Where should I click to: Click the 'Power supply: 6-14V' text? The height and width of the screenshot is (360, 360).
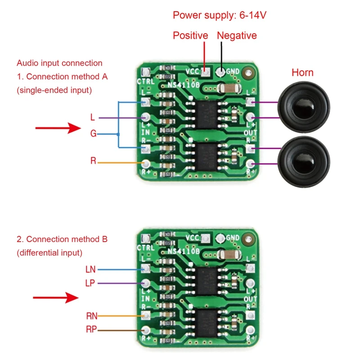tap(220, 15)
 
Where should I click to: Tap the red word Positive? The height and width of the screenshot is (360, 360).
tap(190, 36)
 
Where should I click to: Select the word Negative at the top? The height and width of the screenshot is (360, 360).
tap(237, 36)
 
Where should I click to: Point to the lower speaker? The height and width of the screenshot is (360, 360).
tap(304, 157)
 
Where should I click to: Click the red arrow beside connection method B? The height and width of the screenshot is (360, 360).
tap(56, 297)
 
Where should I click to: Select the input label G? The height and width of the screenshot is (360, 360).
tap(93, 134)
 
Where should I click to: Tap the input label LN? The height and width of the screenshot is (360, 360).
tap(90, 270)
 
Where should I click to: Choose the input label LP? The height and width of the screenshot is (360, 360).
tap(90, 283)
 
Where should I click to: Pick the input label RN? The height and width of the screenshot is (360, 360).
tap(91, 316)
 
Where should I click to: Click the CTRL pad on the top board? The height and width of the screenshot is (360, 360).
tap(145, 72)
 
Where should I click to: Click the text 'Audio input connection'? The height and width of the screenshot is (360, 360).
tap(59, 63)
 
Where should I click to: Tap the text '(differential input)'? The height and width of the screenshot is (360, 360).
tap(49, 253)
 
